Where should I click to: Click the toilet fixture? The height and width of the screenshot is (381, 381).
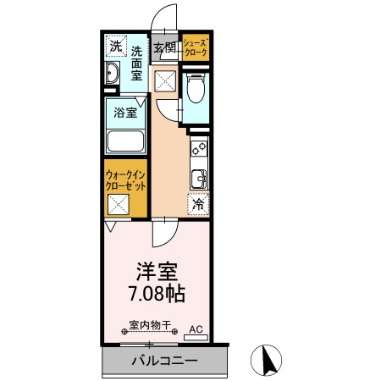[x=196, y=87]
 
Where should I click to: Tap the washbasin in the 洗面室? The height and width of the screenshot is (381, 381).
[x=112, y=73]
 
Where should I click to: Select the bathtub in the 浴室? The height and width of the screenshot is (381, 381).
[x=125, y=141]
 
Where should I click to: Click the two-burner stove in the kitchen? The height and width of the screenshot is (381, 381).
[x=199, y=149]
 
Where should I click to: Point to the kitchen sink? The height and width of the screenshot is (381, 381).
[x=199, y=179]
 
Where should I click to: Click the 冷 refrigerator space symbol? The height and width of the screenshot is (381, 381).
[x=198, y=204]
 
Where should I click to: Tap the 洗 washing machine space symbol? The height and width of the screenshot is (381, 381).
[x=116, y=46]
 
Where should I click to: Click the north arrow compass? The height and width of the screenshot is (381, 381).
[x=266, y=360]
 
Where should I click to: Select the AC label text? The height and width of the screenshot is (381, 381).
[x=196, y=329]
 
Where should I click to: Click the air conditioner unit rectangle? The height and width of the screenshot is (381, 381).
[x=196, y=338]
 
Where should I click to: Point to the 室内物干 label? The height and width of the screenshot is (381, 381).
[x=150, y=325]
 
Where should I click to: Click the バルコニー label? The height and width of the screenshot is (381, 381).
[x=165, y=361]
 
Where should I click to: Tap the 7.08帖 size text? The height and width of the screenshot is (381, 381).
[x=157, y=294]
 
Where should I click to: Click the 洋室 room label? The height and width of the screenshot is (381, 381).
[x=157, y=272]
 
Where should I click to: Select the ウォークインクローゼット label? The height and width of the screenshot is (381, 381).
[x=125, y=180]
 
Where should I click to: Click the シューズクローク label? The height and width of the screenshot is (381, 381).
[x=196, y=47]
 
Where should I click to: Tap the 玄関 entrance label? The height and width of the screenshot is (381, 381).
[x=165, y=47]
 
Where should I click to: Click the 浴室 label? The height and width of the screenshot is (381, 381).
[x=125, y=113]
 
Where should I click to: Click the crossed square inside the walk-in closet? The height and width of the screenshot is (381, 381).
[x=119, y=205]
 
